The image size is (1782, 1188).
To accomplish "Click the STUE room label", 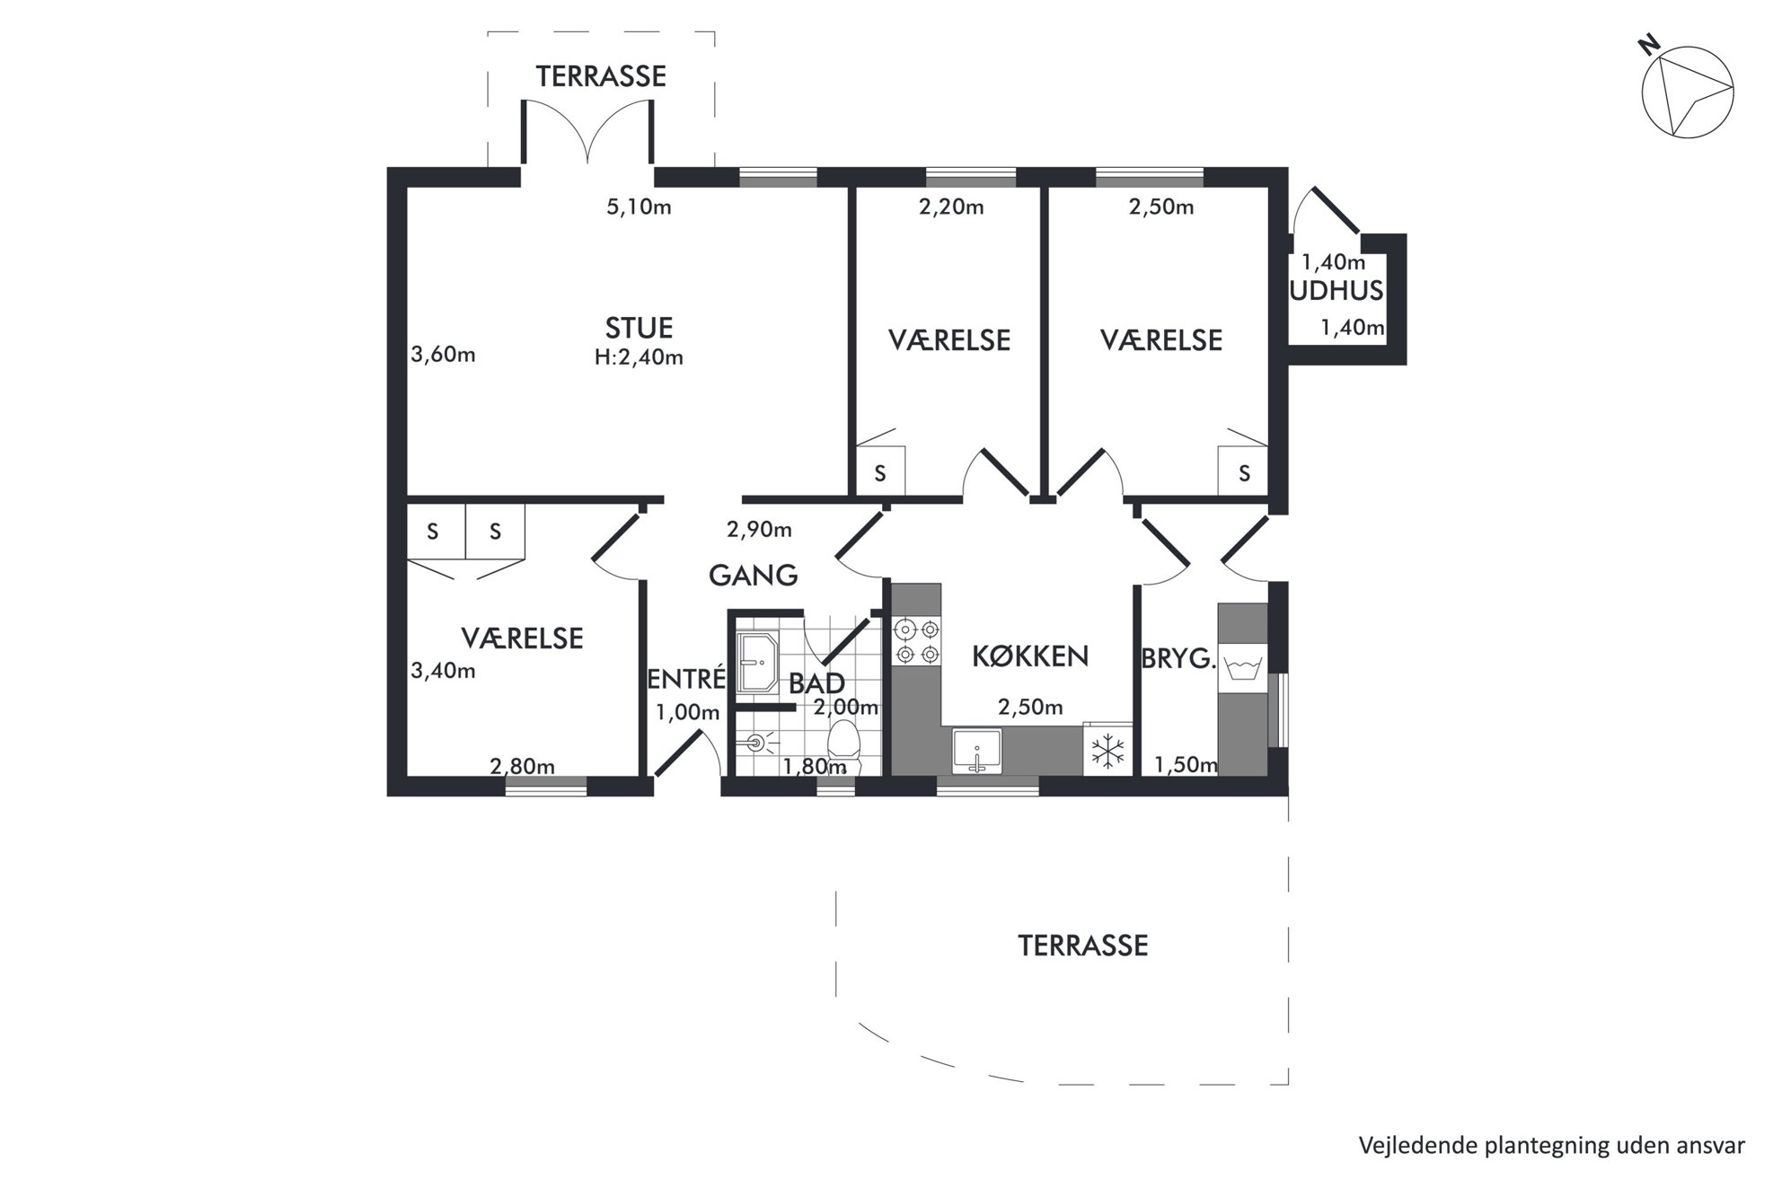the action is tap(639, 328).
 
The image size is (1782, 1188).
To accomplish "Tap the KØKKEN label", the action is tap(1030, 656).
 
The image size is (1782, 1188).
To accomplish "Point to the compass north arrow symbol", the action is tap(1687, 92).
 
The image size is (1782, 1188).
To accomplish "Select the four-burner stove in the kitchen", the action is tap(917, 641).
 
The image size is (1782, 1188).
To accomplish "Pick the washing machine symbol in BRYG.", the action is tap(1242, 669).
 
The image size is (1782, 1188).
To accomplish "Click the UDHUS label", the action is tap(1336, 290).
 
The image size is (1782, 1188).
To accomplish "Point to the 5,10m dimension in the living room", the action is tap(639, 207).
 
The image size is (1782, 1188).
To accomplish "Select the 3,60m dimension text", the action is tap(443, 355).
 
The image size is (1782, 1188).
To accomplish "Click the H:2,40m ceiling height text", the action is tap(639, 357).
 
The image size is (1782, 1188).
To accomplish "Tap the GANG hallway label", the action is tap(753, 575).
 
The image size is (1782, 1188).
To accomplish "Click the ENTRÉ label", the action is tap(686, 678).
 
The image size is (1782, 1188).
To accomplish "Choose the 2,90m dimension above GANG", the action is tap(759, 530).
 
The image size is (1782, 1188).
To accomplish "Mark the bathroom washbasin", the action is tap(756, 664).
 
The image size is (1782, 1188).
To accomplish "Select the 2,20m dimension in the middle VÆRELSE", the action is tap(951, 207).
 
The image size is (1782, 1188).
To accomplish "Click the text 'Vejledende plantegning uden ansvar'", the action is tap(1551, 1146).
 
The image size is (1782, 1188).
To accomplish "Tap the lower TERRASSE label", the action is tap(1082, 946).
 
